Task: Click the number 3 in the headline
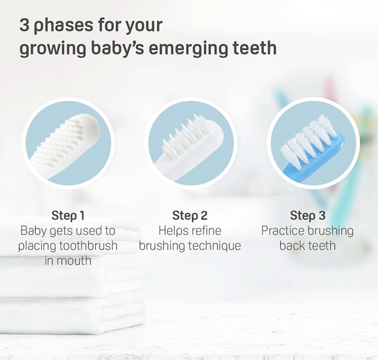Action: coord(24,25)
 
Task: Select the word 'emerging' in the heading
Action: coord(186,49)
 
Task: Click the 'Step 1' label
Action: coord(67,216)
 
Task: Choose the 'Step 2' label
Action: coord(190,216)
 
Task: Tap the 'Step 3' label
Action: coord(307,216)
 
